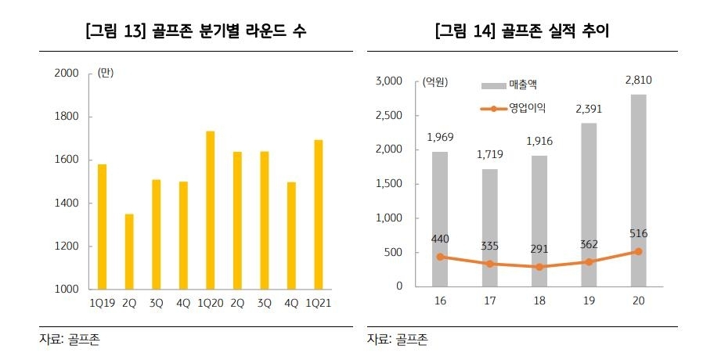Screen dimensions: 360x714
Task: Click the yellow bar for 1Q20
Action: (x=210, y=210)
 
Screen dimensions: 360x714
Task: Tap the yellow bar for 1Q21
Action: (x=318, y=214)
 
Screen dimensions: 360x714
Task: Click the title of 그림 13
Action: (x=195, y=31)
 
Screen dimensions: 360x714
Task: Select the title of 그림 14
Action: (x=523, y=31)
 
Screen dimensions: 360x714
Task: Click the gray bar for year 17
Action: (x=489, y=227)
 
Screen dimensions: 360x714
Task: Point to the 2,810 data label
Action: (x=638, y=80)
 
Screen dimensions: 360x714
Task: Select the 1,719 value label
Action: (x=489, y=154)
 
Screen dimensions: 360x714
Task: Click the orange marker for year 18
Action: (x=539, y=267)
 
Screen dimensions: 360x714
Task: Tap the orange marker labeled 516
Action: (x=638, y=251)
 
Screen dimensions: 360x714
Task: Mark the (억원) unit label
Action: (x=435, y=81)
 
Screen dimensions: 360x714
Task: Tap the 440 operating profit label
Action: (x=439, y=239)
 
